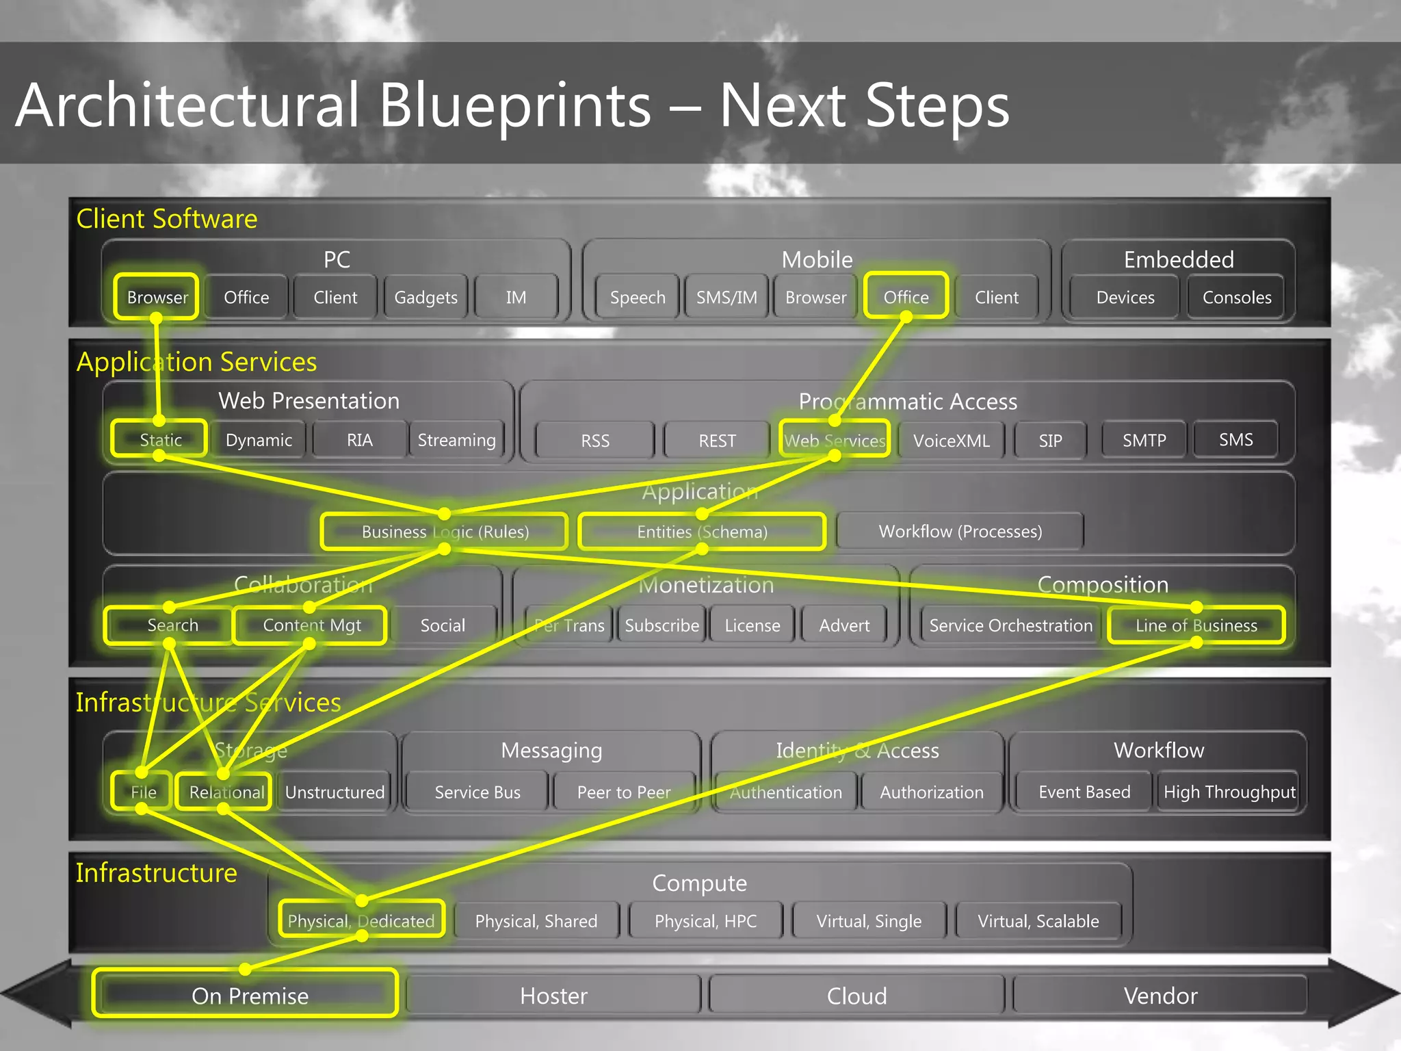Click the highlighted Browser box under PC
click(x=157, y=297)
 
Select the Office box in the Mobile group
click(x=906, y=297)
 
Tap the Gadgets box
click(x=425, y=297)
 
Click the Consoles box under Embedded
click(x=1237, y=297)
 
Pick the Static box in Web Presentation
click(x=160, y=439)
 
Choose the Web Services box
click(x=835, y=440)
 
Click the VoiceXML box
click(x=951, y=440)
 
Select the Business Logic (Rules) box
click(x=445, y=532)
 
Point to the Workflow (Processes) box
click(x=960, y=532)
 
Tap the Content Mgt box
click(x=311, y=625)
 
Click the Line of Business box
click(x=1196, y=625)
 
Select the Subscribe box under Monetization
click(x=662, y=625)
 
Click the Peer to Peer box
click(x=624, y=792)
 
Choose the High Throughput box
click(x=1229, y=792)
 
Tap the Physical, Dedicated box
click(x=361, y=921)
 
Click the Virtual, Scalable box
click(x=1038, y=921)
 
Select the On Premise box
click(x=249, y=996)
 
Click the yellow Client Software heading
click(x=167, y=219)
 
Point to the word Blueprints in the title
click(x=514, y=106)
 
